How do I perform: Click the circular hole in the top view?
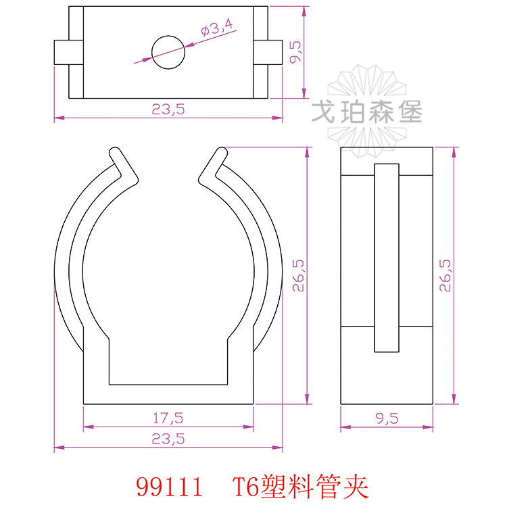click(x=168, y=51)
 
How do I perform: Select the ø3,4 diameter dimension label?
click(x=216, y=28)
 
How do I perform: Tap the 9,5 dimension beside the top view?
click(x=295, y=52)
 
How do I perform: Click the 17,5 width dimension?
click(x=168, y=418)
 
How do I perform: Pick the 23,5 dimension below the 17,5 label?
click(x=168, y=439)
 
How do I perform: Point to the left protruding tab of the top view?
click(x=62, y=51)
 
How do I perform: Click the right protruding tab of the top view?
click(x=273, y=51)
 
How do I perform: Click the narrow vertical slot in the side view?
click(x=387, y=258)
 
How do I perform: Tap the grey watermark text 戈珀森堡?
click(x=366, y=112)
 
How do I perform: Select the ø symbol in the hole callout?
click(x=205, y=31)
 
